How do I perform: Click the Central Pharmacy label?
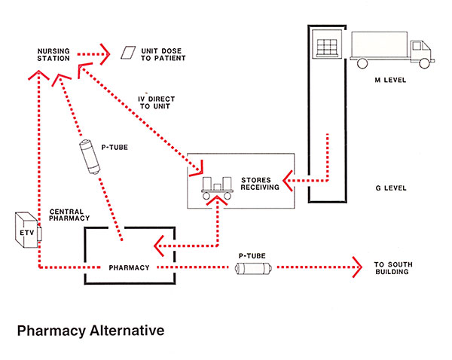click(69, 215)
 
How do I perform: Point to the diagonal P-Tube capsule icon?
click(91, 158)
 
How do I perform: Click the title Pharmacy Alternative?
click(89, 330)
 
